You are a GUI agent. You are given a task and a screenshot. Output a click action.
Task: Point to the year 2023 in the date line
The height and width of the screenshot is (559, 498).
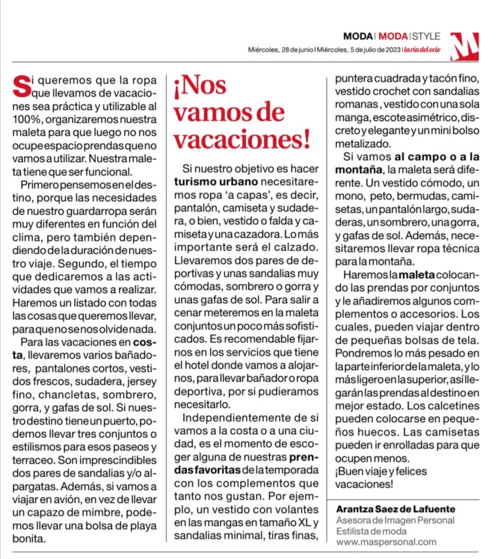click(391, 50)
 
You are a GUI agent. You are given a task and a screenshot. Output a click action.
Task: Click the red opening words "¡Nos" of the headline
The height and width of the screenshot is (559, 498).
click(200, 86)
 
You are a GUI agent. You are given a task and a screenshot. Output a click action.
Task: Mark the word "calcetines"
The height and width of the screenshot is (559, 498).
click(455, 406)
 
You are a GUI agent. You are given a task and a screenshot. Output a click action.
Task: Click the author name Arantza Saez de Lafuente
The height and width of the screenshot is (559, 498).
click(395, 509)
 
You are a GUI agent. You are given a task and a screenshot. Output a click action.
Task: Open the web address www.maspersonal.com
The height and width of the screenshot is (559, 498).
click(386, 542)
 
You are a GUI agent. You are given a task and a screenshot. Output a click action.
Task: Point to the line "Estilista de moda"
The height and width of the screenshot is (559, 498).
click(371, 531)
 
